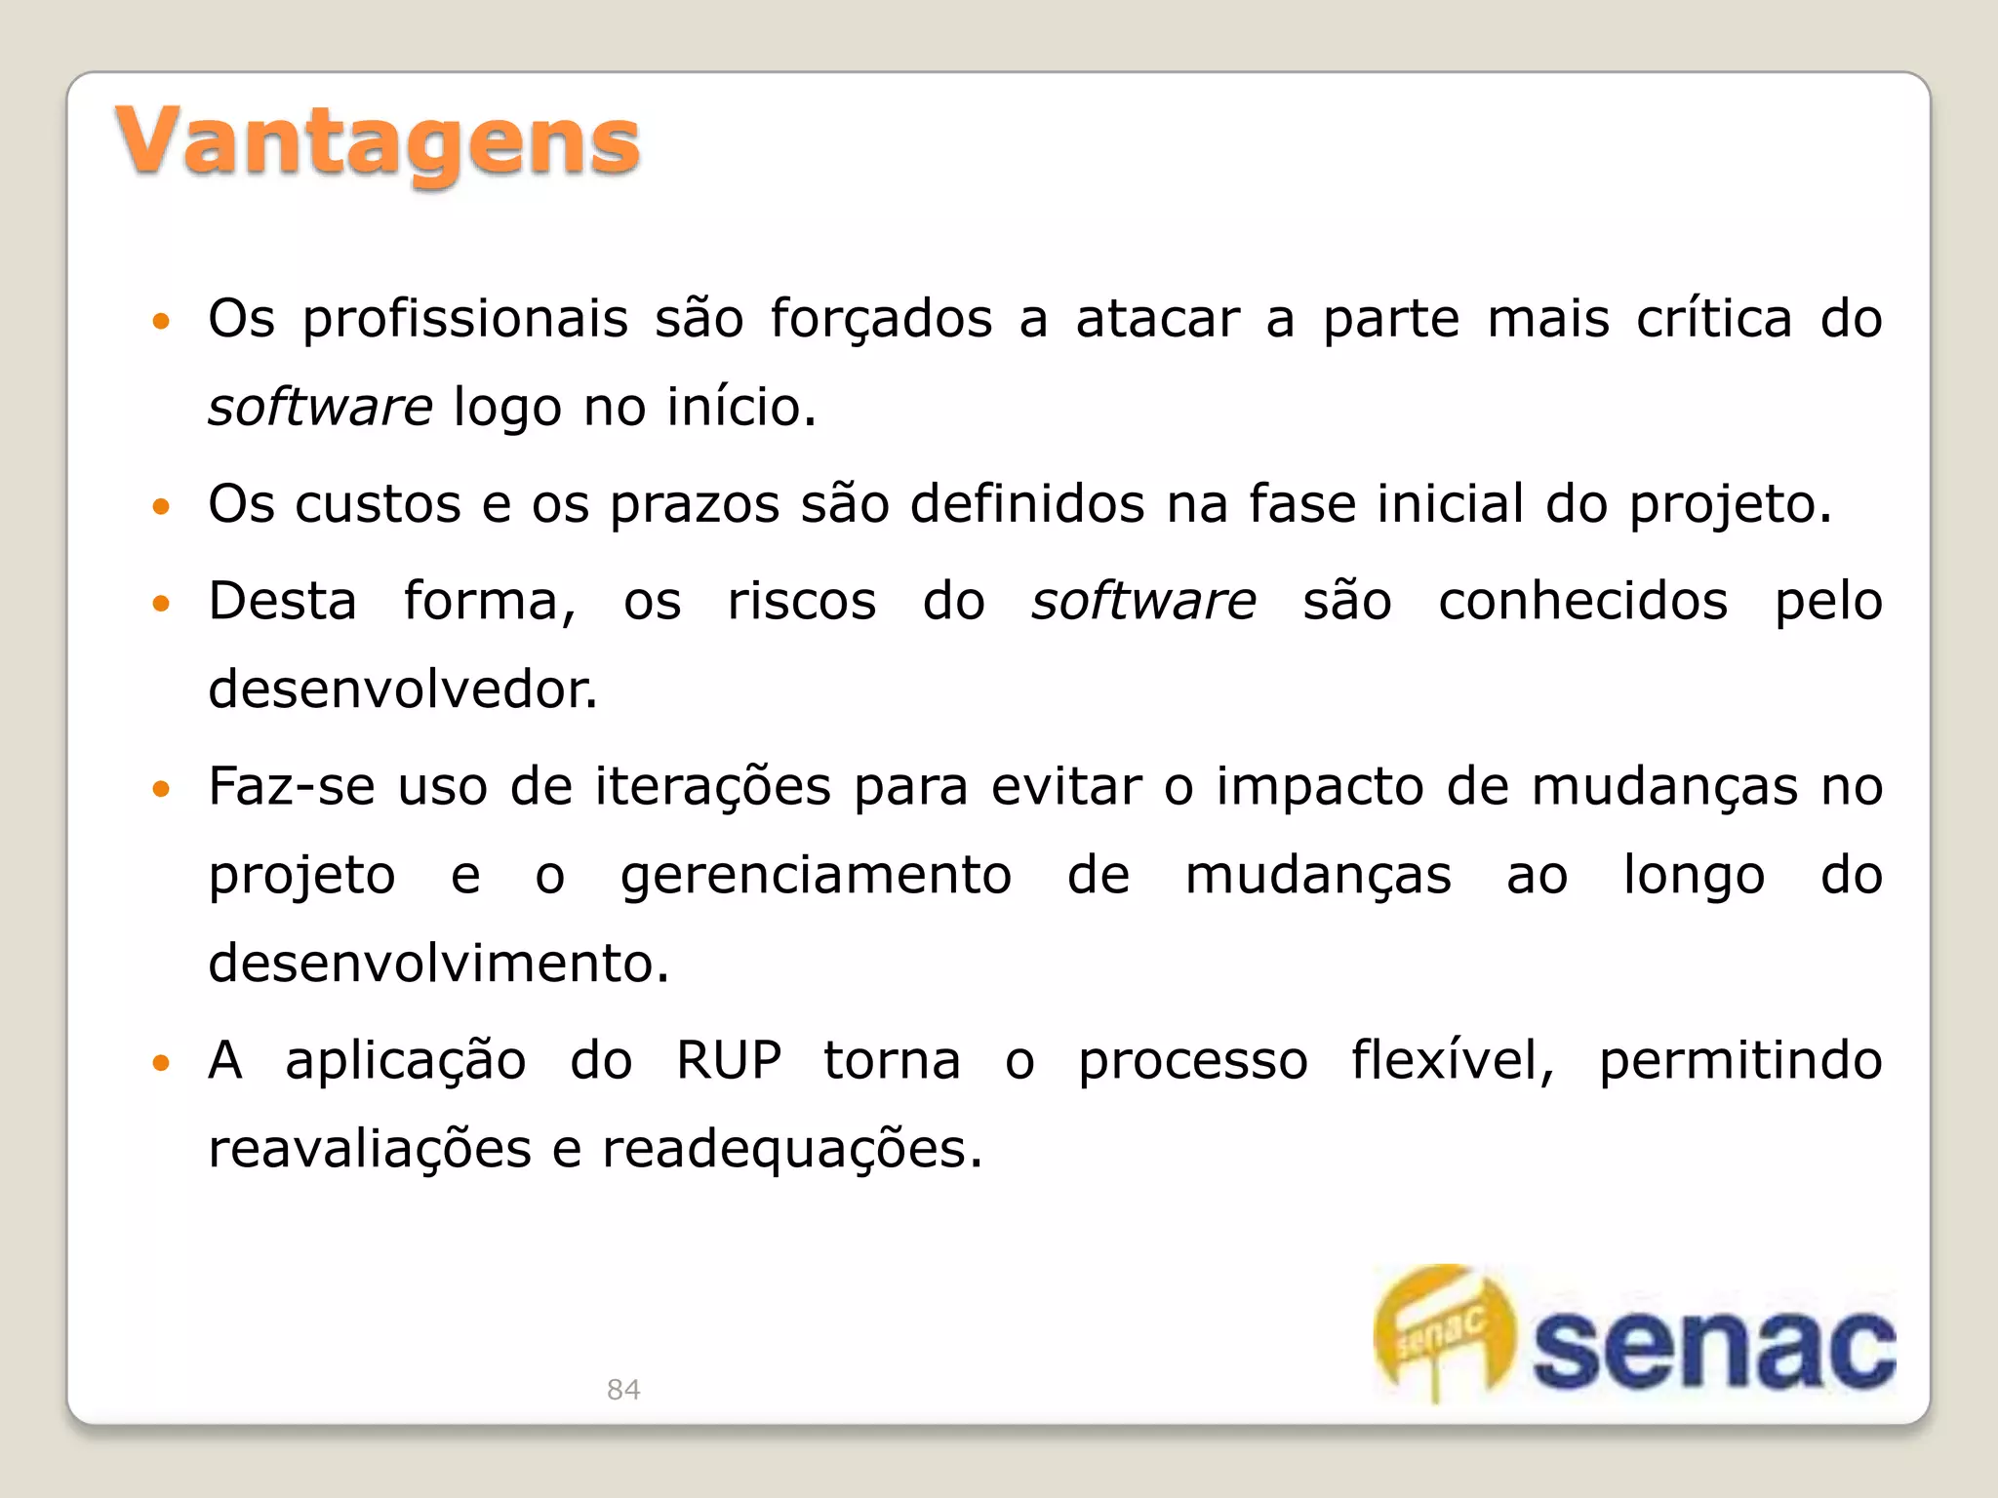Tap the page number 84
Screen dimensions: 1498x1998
click(x=623, y=1389)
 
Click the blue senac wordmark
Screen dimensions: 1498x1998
click(x=1713, y=1348)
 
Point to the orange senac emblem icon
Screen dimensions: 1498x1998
click(x=1444, y=1332)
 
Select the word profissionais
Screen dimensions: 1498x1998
click(x=465, y=320)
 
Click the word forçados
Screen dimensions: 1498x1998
click(x=881, y=320)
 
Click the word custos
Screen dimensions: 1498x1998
click(x=378, y=504)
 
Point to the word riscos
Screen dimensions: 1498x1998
click(x=802, y=601)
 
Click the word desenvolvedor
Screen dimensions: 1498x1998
click(x=402, y=690)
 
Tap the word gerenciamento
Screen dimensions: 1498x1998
click(x=816, y=876)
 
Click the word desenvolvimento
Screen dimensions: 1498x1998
click(x=438, y=963)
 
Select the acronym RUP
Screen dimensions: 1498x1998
click(x=729, y=1060)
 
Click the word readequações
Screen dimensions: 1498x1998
click(x=791, y=1149)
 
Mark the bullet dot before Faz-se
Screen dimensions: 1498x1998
click(x=162, y=788)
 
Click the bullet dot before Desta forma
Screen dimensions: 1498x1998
click(x=162, y=603)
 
